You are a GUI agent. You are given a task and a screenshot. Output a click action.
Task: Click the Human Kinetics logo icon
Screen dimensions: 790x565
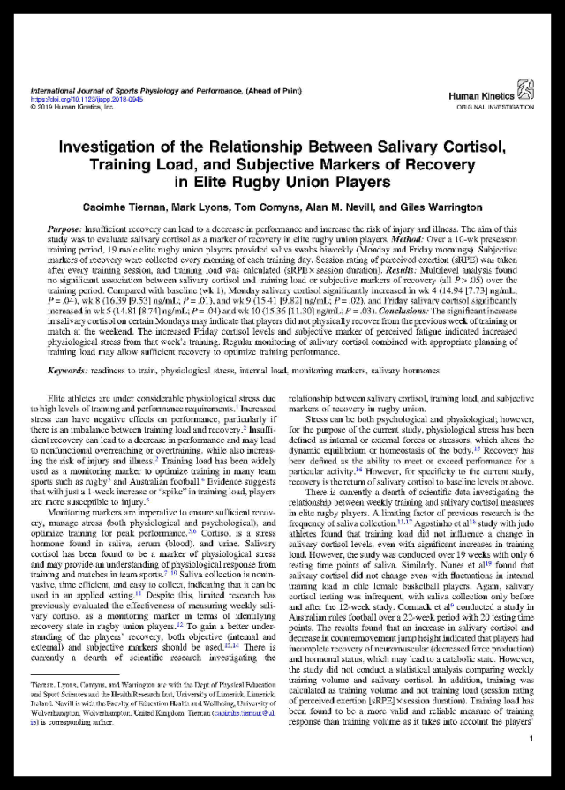[525, 86]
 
